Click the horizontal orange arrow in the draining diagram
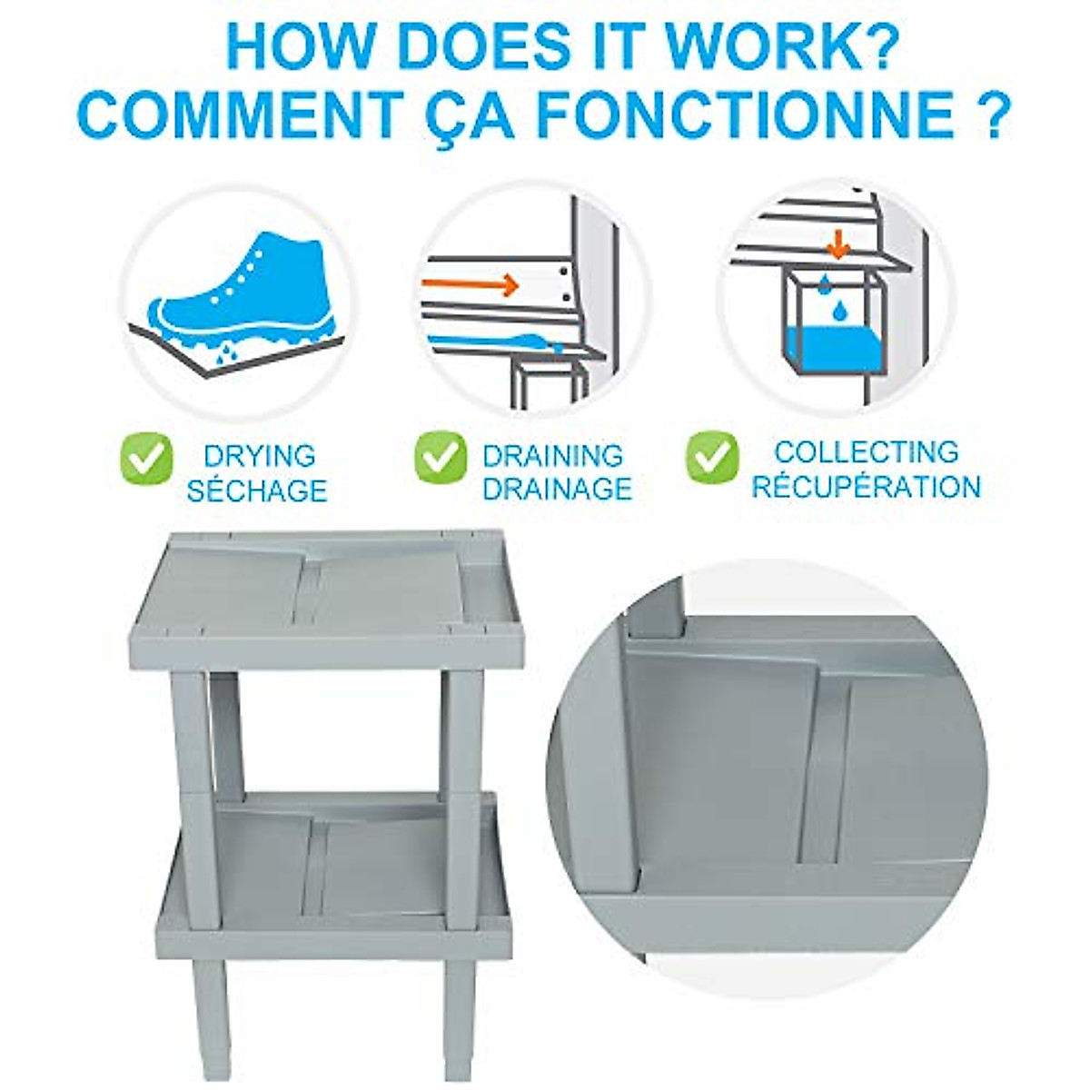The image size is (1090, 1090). [x=470, y=285]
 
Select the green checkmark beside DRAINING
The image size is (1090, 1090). [x=441, y=457]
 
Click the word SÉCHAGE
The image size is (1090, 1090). [x=256, y=490]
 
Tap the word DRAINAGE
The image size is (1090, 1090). [x=557, y=489]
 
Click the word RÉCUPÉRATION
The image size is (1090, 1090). [x=866, y=487]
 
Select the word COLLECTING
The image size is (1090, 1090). [x=866, y=451]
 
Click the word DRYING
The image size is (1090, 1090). [x=259, y=456]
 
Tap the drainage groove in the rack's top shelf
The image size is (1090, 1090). [x=309, y=590]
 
